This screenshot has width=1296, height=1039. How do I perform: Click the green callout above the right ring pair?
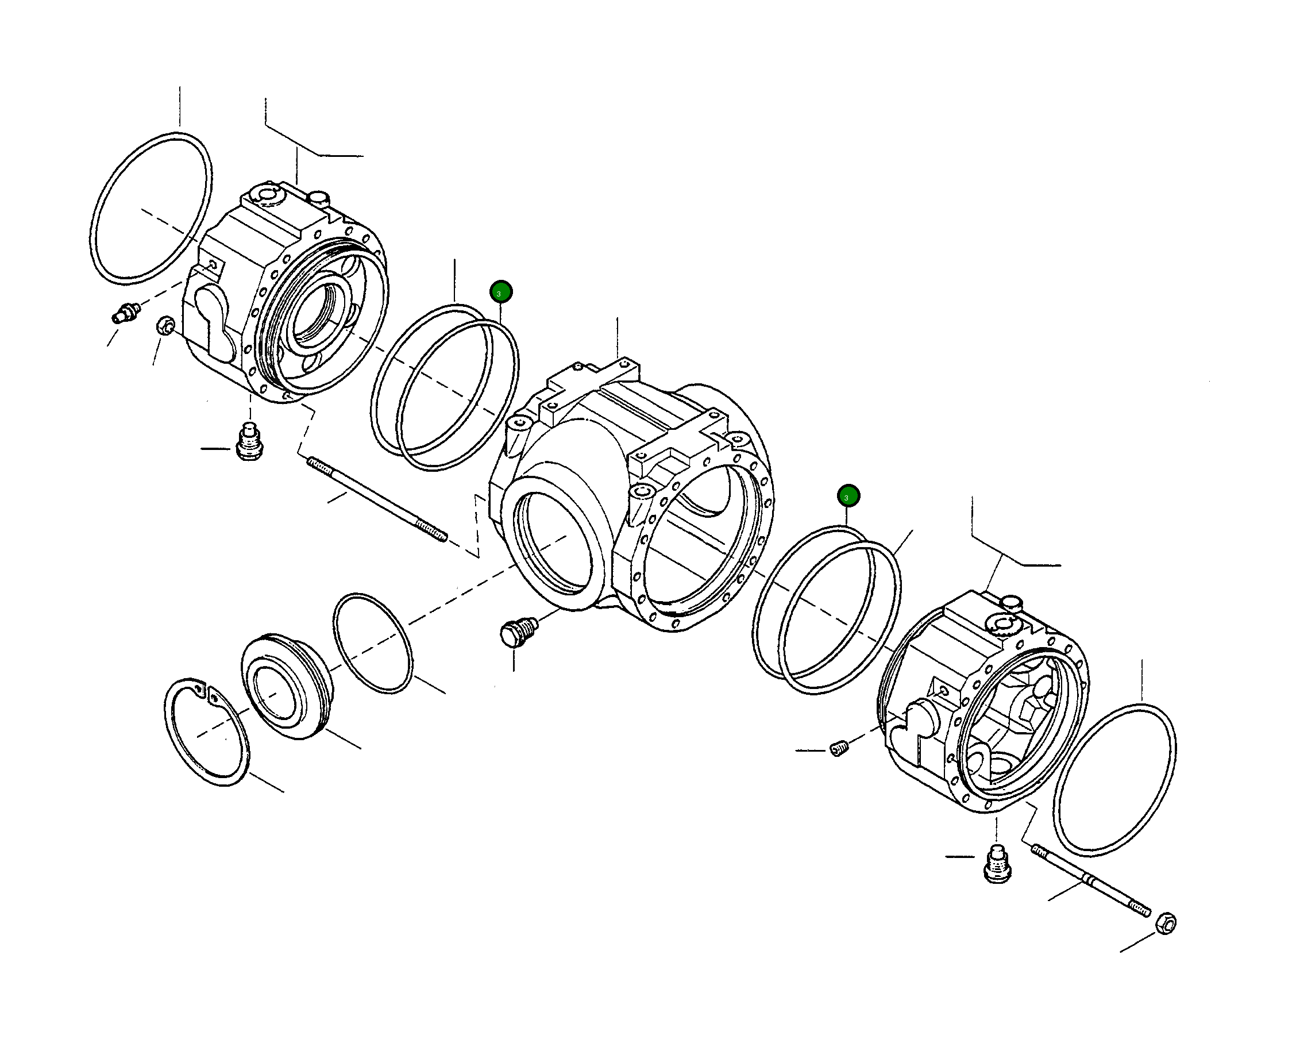pos(848,496)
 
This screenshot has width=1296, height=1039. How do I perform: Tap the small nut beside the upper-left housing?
pos(165,326)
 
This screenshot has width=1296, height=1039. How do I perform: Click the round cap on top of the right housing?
pos(1013,602)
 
